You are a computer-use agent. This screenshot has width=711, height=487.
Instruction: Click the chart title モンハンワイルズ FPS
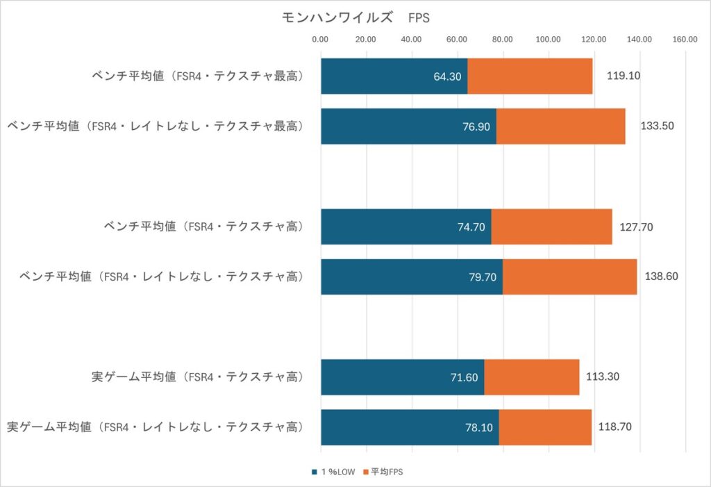coord(355,18)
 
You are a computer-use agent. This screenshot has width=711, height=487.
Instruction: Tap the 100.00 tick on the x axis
coord(549,40)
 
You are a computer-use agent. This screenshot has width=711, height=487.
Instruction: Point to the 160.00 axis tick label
coord(685,40)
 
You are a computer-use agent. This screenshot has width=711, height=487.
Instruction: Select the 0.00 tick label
coord(320,40)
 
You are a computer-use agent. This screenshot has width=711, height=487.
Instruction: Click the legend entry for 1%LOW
coord(333,472)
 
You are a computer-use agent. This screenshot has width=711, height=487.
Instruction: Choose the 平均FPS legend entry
coord(384,472)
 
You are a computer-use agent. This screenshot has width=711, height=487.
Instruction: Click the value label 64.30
coord(447,76)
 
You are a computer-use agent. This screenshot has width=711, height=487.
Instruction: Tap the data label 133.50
coord(658,126)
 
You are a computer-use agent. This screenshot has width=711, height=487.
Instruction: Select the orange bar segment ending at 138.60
coord(569,276)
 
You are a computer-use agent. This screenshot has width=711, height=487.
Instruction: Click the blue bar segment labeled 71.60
coord(402,377)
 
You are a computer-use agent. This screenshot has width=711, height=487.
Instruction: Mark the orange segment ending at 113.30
coord(531,377)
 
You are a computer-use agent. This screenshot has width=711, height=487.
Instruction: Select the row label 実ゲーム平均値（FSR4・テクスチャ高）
coord(199,377)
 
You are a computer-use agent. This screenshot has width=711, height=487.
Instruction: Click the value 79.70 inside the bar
coord(483,277)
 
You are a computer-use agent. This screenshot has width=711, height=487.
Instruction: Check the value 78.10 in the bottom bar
coord(479,428)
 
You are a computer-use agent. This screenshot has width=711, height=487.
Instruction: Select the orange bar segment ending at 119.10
coord(530,76)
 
